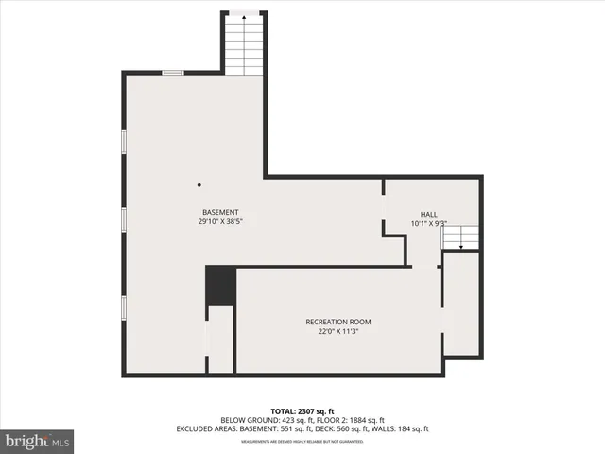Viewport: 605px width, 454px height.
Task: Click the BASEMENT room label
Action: pos(220,211)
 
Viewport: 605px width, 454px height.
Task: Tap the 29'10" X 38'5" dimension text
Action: pos(220,221)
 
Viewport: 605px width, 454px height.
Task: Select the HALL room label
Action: pos(429,214)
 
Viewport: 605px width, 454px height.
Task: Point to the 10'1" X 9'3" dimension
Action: pos(429,224)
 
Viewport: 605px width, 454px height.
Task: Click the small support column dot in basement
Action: pos(199,185)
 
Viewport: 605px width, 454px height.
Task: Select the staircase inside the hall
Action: pos(461,238)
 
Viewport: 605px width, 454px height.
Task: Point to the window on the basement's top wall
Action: pos(173,73)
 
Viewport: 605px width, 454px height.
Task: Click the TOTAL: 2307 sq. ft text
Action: pos(302,410)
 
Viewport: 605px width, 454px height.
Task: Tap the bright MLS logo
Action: pos(38,441)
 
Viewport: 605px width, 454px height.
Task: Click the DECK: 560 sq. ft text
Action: pos(348,428)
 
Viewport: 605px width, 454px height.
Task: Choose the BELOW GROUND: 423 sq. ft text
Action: pos(268,419)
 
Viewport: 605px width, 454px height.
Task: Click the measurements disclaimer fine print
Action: pos(302,441)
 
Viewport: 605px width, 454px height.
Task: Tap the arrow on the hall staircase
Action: pos(461,245)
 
